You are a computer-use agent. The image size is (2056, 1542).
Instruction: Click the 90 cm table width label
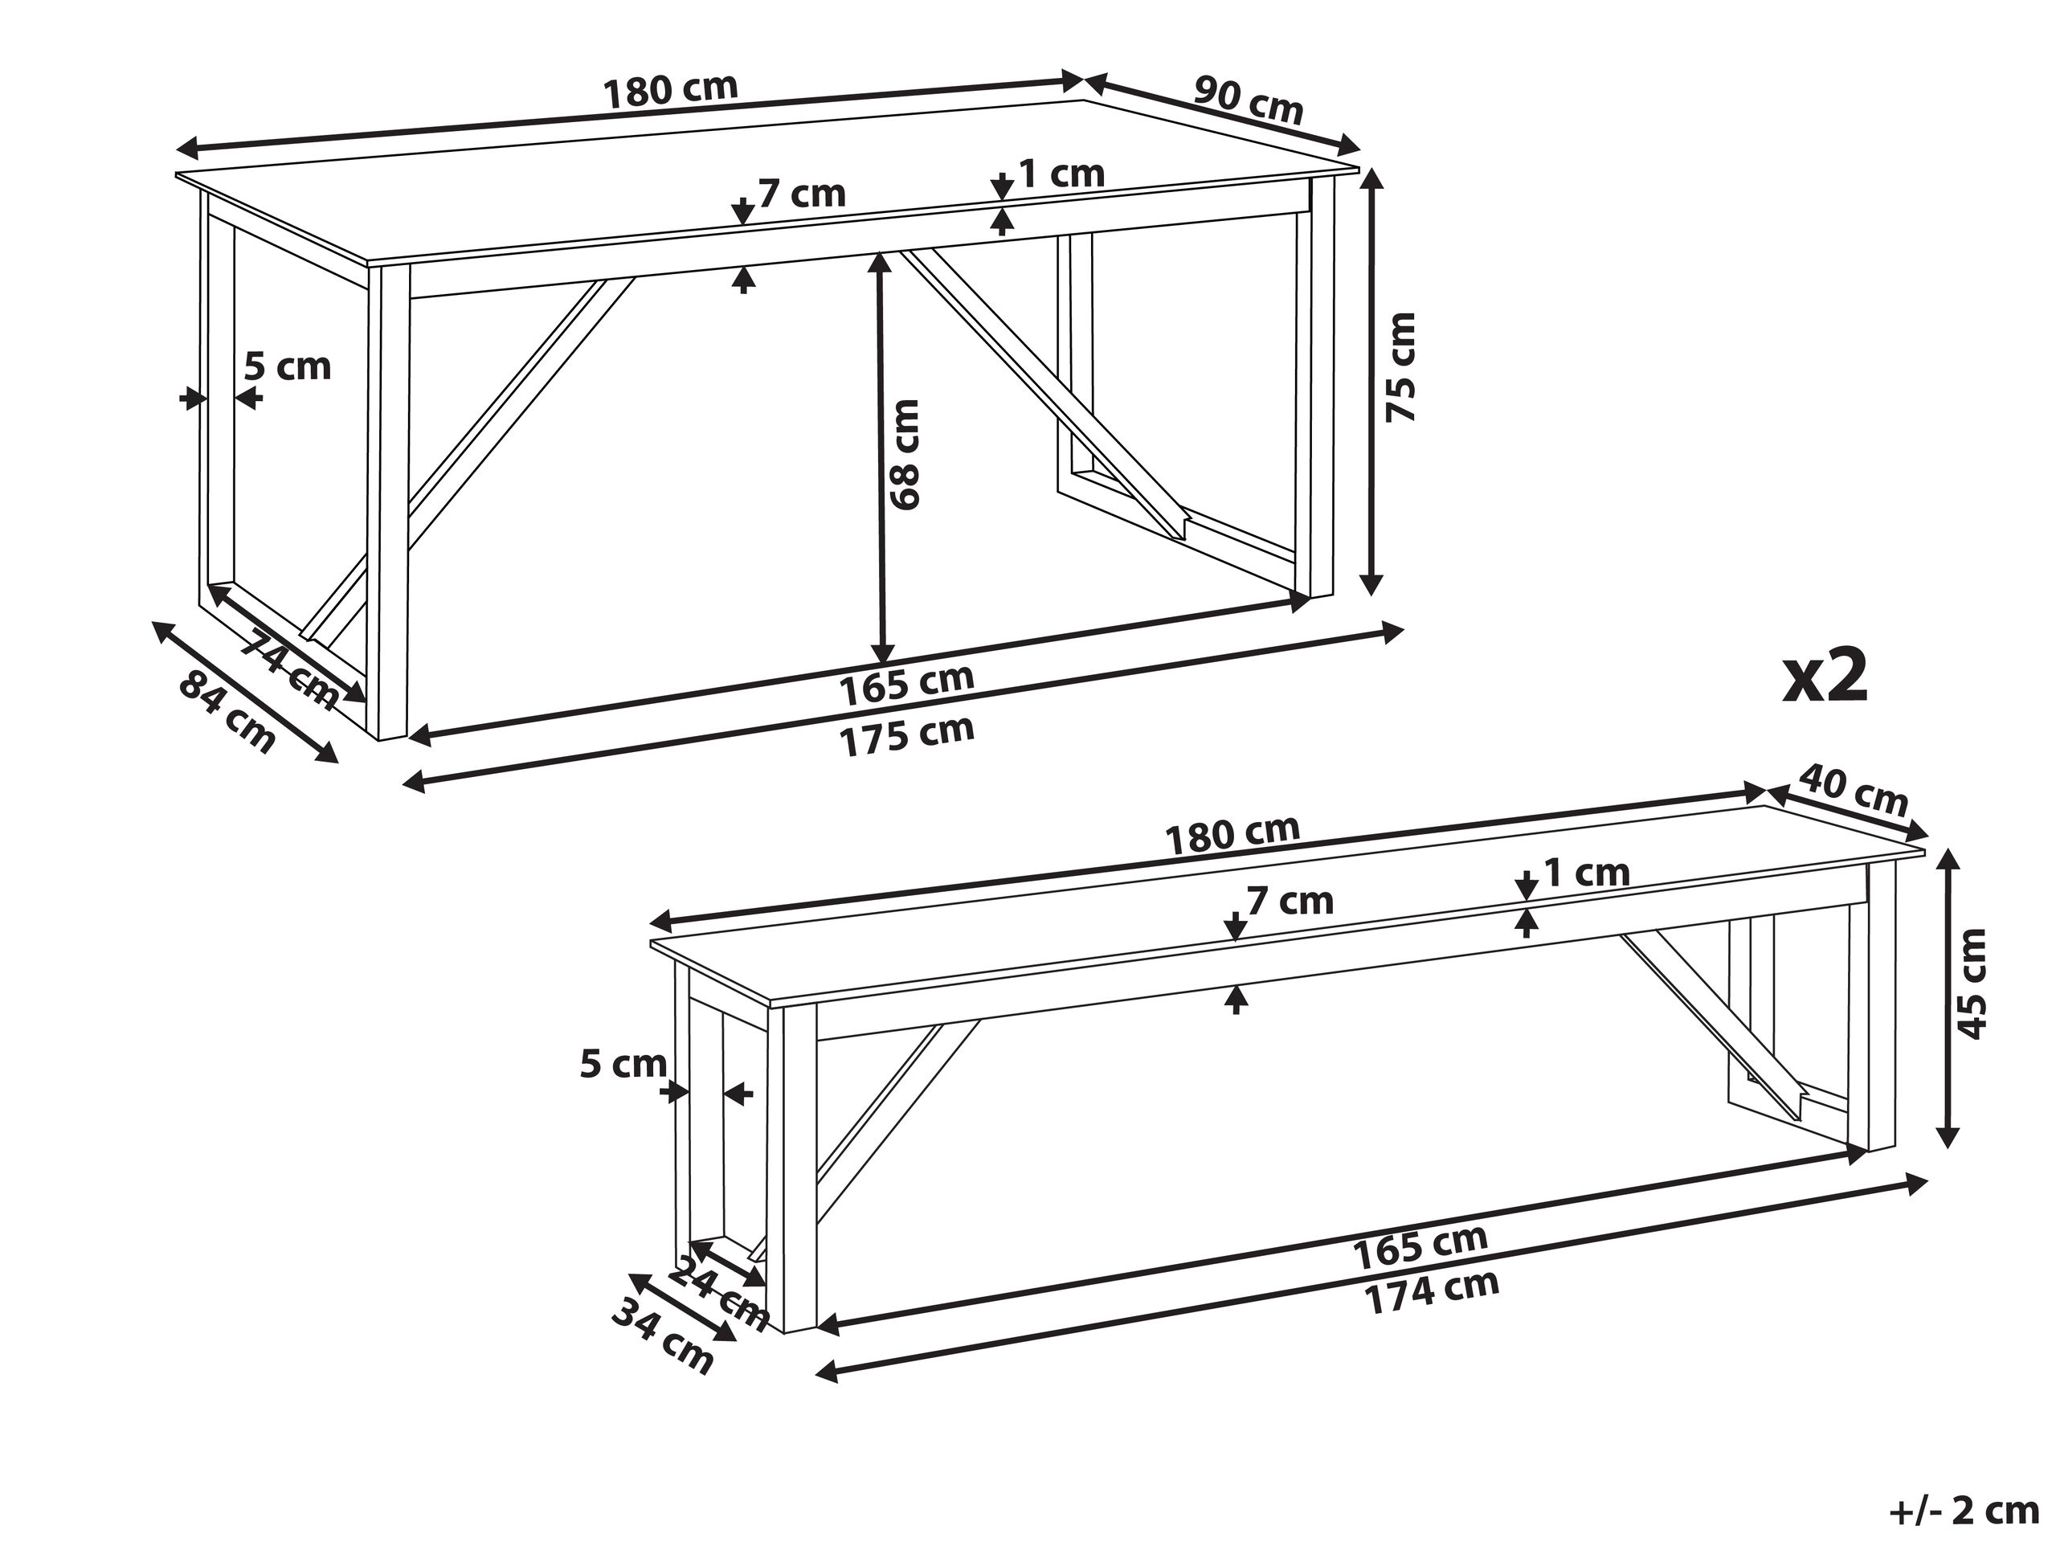point(1249,100)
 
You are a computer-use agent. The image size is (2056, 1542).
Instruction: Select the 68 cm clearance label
point(905,455)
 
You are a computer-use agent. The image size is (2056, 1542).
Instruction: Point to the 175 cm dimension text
point(907,736)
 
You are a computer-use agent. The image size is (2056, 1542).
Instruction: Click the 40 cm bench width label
point(1854,789)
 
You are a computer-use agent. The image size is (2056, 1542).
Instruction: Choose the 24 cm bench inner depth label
point(718,1292)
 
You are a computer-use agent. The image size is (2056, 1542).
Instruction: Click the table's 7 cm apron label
point(802,194)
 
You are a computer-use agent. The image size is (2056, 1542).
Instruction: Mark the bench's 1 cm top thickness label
point(1587,873)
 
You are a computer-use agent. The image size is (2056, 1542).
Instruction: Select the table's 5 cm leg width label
point(287,366)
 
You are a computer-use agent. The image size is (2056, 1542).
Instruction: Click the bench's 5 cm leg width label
point(623,1063)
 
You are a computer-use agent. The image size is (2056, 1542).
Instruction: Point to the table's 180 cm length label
point(670,90)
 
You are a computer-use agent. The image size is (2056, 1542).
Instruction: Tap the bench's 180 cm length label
point(1232,834)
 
